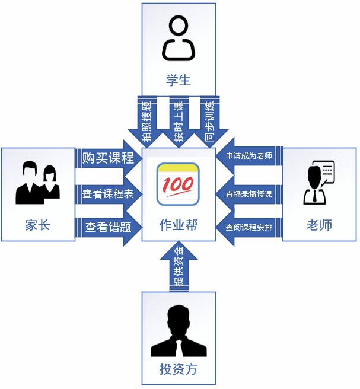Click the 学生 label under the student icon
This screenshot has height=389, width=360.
tap(179, 79)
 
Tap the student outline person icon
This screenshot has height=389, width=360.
tap(179, 39)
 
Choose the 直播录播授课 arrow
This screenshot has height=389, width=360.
tap(249, 193)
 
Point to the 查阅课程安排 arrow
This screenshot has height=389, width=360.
tap(249, 227)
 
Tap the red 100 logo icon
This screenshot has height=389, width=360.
tap(179, 184)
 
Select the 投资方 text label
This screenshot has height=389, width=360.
tap(179, 369)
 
